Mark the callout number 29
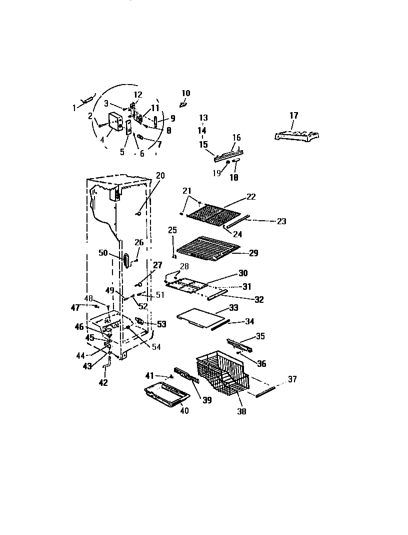tap(253, 253)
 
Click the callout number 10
tap(185, 93)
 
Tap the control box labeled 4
tap(116, 122)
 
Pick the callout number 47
tap(75, 306)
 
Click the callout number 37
tap(292, 380)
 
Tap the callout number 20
tap(160, 175)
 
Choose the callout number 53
tap(161, 324)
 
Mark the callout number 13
tap(203, 118)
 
